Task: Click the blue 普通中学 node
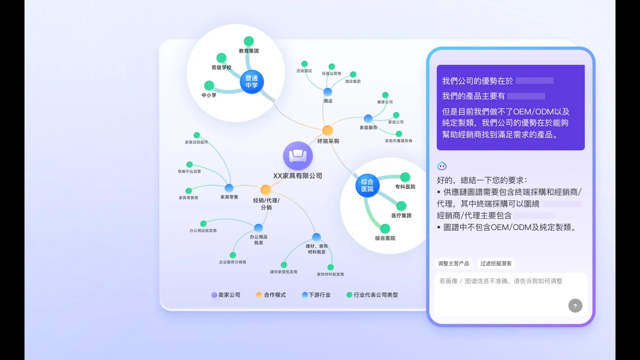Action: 251,81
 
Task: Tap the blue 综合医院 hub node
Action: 367,185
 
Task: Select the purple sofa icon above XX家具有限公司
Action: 298,155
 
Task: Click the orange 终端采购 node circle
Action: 327,130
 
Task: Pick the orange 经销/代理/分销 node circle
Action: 265,190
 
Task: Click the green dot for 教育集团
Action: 248,41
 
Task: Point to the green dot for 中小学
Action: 209,85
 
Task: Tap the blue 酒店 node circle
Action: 327,92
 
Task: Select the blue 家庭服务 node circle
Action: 368,118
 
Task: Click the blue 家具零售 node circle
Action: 229,188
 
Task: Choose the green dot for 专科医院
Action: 405,177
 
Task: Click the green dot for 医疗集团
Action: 401,206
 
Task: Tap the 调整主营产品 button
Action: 453,263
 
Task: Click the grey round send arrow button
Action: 575,305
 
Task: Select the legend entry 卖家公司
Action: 226,295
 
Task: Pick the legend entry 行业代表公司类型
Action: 372,295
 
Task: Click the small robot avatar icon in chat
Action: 442,166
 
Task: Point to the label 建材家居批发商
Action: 283,272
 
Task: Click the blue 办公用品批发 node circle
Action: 258,228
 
